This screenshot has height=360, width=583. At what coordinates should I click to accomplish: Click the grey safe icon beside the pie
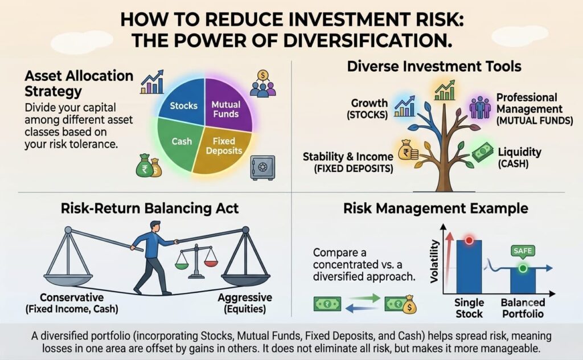point(262,167)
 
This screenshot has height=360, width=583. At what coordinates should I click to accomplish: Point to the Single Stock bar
point(469,267)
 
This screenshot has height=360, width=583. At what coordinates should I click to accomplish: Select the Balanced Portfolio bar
point(523,280)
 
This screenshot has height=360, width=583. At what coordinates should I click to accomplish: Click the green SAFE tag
point(523,251)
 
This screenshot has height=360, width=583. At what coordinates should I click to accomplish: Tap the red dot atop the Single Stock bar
point(469,240)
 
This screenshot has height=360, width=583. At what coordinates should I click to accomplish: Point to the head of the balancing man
point(156,227)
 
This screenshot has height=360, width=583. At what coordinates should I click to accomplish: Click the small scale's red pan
point(211,263)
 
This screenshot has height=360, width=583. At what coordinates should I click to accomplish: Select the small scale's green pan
point(182,265)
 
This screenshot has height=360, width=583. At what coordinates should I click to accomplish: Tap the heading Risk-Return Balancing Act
point(150,208)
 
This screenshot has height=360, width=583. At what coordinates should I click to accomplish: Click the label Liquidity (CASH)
point(519,157)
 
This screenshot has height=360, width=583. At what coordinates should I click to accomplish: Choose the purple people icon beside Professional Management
point(480,108)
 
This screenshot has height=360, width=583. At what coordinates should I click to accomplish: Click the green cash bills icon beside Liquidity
point(483,152)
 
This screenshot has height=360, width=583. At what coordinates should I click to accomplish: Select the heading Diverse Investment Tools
point(434,67)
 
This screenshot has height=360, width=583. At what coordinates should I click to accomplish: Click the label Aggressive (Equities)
point(245,303)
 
